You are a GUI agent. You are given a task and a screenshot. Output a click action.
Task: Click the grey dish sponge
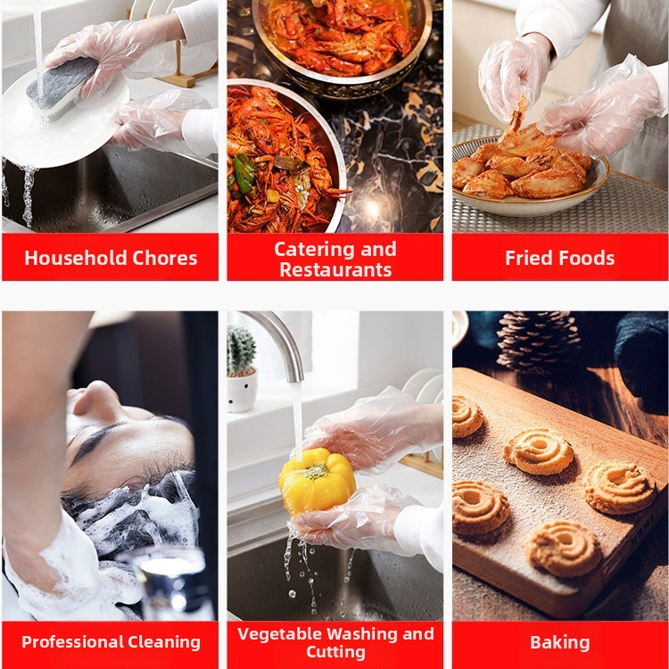61,88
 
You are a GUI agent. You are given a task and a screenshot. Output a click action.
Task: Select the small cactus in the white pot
242,351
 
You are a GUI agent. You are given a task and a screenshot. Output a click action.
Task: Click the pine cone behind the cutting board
537,342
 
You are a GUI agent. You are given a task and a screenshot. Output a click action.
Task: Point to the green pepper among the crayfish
244,172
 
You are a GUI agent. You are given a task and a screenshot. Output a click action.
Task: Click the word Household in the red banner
75,258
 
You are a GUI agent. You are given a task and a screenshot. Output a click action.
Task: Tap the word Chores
165,258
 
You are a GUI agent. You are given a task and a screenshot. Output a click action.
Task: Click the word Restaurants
335,269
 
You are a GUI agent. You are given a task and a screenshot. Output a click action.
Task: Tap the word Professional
71,642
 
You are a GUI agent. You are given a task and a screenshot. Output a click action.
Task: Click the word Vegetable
277,633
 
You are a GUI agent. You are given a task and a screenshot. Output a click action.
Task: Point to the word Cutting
335,652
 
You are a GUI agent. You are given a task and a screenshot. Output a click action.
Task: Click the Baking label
560,642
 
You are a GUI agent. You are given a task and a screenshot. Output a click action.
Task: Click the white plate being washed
64,124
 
